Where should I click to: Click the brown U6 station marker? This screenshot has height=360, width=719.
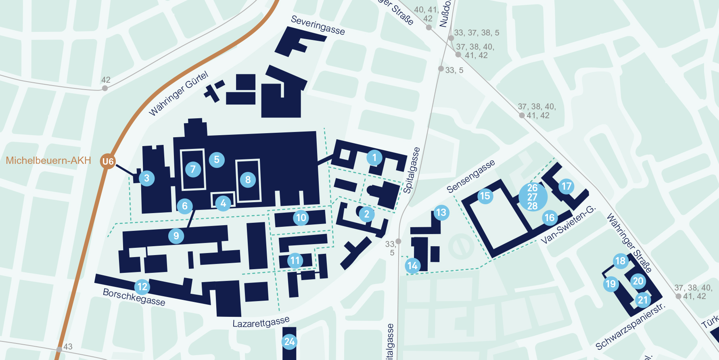coord(108,161)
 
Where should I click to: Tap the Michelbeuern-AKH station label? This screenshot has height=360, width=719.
coord(48,161)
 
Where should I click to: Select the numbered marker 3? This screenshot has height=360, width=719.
coord(146,178)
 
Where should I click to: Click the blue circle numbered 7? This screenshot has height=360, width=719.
coord(193,169)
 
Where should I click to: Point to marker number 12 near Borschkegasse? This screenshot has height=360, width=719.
coord(142,287)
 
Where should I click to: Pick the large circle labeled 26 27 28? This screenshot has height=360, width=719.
coord(533,197)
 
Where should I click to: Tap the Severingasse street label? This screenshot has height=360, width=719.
coord(318,25)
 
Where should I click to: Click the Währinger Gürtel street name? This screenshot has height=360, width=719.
coord(178,94)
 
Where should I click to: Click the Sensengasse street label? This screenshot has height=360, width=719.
coord(470,176)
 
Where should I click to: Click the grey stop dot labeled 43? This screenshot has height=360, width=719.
coord(59,349)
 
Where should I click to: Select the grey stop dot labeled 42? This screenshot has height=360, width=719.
coord(105,88)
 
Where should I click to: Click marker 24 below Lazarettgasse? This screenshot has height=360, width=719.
coord(289,342)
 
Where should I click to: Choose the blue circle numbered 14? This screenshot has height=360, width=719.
coord(412,266)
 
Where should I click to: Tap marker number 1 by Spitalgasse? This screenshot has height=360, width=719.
coord(374,157)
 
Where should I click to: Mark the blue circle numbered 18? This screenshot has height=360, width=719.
coord(620,261)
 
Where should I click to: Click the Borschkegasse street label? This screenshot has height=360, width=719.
coord(134,297)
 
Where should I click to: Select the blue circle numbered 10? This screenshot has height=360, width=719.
coord(301,218)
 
